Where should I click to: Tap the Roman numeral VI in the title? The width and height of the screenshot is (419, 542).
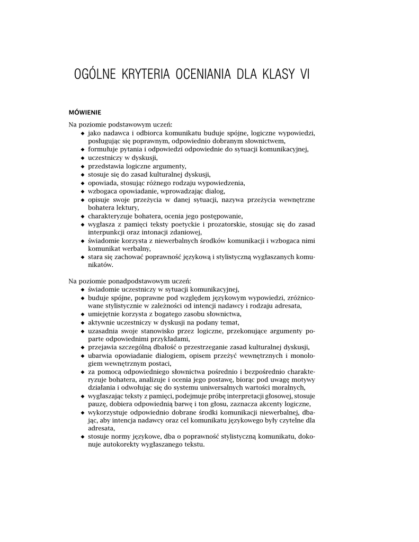304,75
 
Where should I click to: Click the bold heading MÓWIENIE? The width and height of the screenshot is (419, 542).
85,112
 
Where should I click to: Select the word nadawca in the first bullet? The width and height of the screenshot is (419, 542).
114,133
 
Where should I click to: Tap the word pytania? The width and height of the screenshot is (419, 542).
132,150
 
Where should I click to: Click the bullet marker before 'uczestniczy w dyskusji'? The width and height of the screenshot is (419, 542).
82,158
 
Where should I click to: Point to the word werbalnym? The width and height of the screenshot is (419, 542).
135,249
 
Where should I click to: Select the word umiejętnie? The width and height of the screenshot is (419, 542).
105,314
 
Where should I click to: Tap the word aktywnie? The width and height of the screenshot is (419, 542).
103,323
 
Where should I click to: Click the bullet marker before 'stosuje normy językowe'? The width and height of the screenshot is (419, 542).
82,437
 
